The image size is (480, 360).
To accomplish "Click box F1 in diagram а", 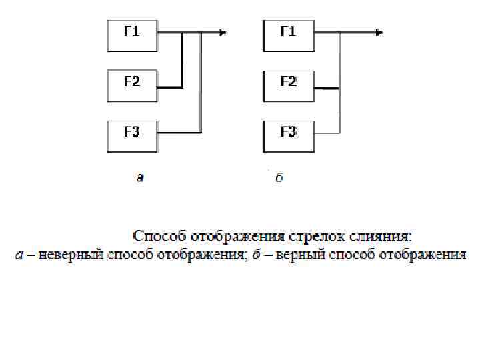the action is (x=132, y=35).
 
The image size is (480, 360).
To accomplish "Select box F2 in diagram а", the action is (x=132, y=86).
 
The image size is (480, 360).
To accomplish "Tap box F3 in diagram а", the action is (x=132, y=136).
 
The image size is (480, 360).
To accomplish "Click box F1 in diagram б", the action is (x=289, y=35).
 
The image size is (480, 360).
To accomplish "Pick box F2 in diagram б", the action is (x=289, y=86).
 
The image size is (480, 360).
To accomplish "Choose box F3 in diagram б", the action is (x=289, y=136).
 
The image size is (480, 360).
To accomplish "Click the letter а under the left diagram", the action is (x=139, y=177).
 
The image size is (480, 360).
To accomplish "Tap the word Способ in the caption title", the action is (x=160, y=237).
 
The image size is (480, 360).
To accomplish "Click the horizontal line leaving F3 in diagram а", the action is (x=179, y=133).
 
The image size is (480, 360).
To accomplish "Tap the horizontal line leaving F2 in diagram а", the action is (x=169, y=87).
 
